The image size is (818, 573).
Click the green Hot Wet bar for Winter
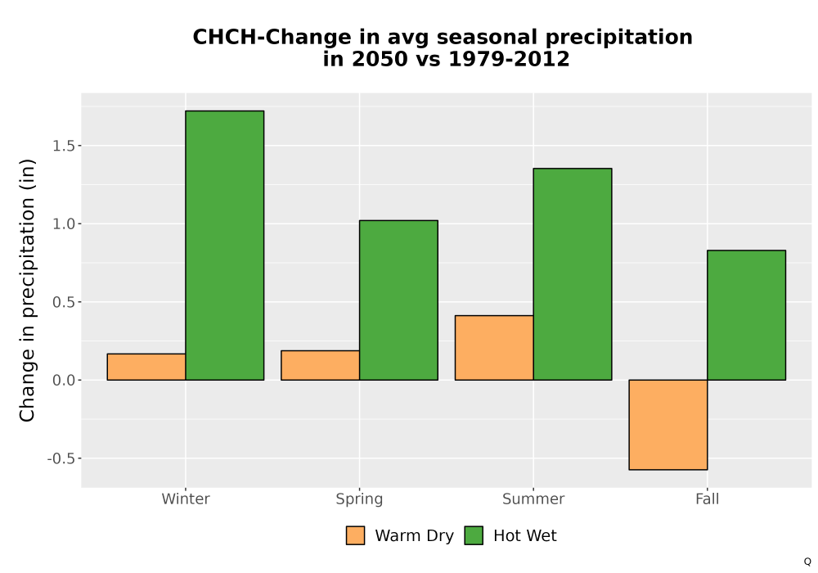coord(225,246)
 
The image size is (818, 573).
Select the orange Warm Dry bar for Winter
coord(146,367)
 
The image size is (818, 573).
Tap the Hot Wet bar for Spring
coord(398,300)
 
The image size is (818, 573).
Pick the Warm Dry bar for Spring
coord(321,365)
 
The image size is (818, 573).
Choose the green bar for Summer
coord(573,274)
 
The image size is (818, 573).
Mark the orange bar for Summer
coord(494,348)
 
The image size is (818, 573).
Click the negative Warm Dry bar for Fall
coord(668,425)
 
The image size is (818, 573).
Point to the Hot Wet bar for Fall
coord(747,315)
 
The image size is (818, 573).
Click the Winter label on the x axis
coord(186,499)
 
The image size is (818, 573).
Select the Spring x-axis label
coord(359,499)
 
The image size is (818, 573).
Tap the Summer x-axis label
coord(533,499)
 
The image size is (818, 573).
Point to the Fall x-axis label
coord(708,499)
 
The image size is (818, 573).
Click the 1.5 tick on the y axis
coord(64,146)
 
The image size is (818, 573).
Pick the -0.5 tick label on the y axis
coord(61,458)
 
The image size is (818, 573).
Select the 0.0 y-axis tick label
coord(64,381)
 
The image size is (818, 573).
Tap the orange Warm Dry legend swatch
coord(355,535)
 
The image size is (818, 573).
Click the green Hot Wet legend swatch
coord(474,535)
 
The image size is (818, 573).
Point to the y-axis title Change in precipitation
coord(27,290)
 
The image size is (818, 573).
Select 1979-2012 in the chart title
coord(509,59)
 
